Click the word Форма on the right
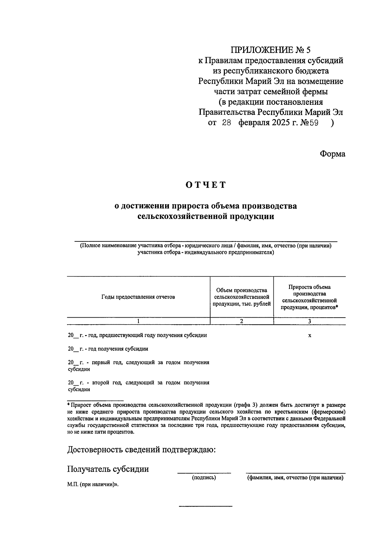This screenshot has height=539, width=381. click(x=332, y=154)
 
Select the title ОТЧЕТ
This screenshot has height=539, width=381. click(x=206, y=185)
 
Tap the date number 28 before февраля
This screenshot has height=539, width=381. click(x=227, y=123)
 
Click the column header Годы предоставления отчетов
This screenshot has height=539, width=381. click(x=138, y=297)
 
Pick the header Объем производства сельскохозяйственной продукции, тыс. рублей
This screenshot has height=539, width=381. click(x=242, y=297)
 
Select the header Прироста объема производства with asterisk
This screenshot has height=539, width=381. click(x=309, y=297)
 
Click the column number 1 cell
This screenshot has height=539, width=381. click(x=138, y=321)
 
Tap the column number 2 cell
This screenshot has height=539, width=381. click(x=242, y=321)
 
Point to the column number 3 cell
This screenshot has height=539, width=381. click(x=309, y=321)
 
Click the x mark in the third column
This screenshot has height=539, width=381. click(x=310, y=335)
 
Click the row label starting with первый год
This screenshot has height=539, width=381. click(x=138, y=366)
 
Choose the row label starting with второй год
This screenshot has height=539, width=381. click(x=138, y=386)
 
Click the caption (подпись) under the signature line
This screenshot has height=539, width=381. click(x=204, y=478)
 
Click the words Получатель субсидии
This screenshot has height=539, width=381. click(x=108, y=469)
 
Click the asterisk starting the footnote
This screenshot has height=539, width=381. click(x=69, y=405)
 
